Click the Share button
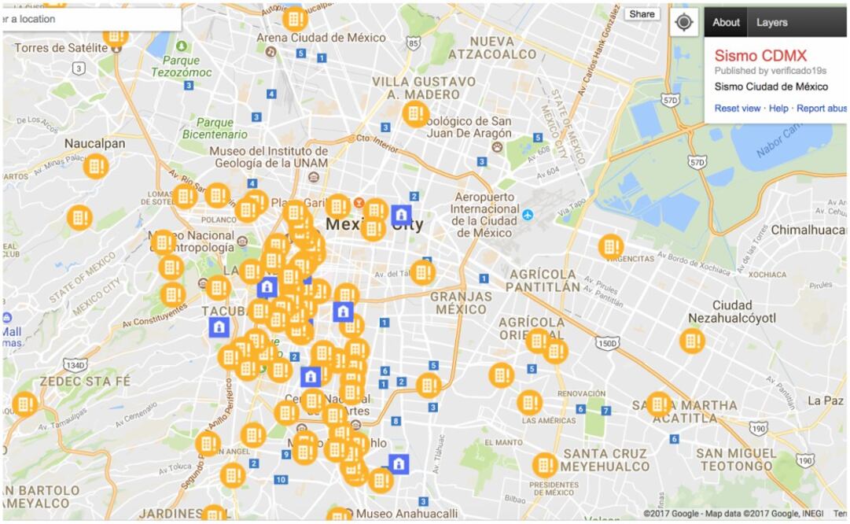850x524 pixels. pos(642,14)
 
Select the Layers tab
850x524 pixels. pos(771,22)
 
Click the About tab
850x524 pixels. pos(725,22)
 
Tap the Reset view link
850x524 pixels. pos(737,108)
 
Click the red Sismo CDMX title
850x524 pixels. pos(760,55)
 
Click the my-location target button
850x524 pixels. pos(683,22)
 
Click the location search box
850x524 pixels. pos(90,19)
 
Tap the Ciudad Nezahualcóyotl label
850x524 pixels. pos(731,311)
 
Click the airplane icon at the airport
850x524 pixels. pos(528,214)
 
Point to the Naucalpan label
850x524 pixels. pos(94,144)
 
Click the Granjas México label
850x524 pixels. pos(461,303)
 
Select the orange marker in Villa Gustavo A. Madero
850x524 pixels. pos(416,114)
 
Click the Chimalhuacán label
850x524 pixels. pos(806,230)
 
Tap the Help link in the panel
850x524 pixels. pos(778,108)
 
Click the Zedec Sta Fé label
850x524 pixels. pos(84,380)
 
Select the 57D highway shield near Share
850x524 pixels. pos(669,101)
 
